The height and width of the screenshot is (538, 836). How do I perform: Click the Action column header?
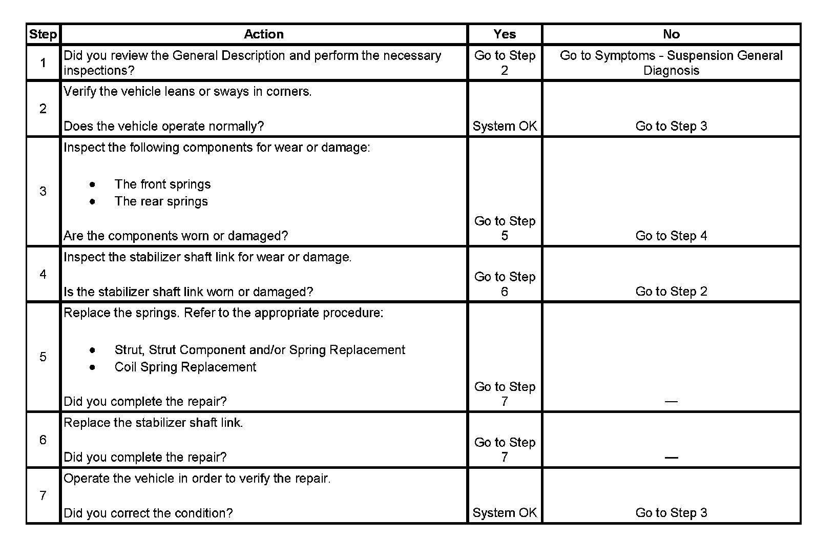(263, 34)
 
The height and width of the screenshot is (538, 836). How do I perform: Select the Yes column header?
(505, 34)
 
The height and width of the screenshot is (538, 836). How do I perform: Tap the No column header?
(671, 34)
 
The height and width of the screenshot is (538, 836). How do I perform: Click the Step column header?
(43, 34)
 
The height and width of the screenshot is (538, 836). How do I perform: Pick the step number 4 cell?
(43, 274)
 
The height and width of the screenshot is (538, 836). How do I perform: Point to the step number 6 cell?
(43, 440)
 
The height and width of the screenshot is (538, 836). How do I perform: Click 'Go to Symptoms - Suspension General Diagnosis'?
(671, 63)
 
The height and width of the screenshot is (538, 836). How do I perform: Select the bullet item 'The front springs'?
(162, 184)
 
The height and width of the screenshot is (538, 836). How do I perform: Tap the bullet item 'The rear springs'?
(161, 201)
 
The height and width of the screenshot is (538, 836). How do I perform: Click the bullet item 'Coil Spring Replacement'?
(185, 367)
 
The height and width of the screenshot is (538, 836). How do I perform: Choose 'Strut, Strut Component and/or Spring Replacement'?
(260, 350)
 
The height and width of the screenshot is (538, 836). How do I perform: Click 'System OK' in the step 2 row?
(505, 126)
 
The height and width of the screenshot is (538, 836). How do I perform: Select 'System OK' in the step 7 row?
(505, 513)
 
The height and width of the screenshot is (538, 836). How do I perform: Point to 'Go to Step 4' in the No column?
(671, 236)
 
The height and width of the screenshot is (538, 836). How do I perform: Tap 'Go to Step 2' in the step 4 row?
(671, 292)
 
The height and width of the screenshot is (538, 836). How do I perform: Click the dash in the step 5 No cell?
(671, 402)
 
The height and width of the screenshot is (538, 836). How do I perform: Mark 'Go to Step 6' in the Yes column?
(505, 284)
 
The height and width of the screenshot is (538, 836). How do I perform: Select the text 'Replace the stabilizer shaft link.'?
(153, 423)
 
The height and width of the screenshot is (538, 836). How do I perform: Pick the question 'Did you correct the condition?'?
(148, 513)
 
